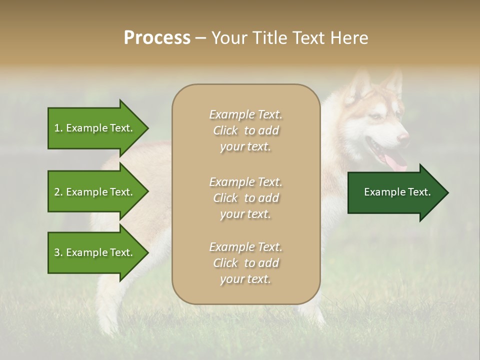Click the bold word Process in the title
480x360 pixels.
click(157, 38)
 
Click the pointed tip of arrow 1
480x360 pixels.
click(147, 128)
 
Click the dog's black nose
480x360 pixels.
click(403, 136)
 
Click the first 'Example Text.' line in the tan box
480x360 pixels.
click(245, 114)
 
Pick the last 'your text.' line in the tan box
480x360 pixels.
click(245, 279)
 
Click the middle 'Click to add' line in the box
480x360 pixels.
click(245, 198)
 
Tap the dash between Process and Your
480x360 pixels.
click(200, 38)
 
